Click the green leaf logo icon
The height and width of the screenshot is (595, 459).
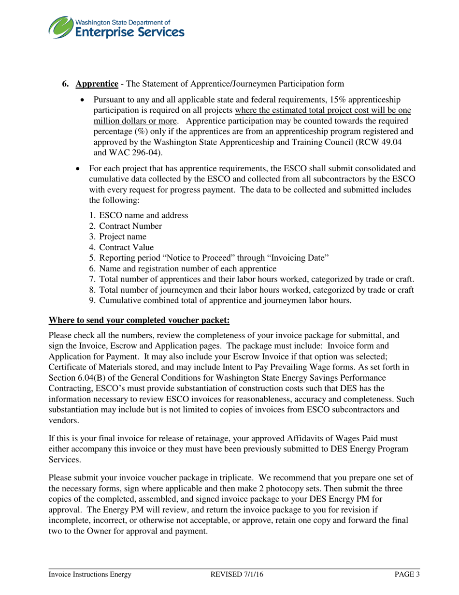pos(61,27)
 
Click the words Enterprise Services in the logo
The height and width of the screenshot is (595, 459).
pos(129,32)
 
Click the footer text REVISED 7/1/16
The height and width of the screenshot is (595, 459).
pos(237,574)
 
